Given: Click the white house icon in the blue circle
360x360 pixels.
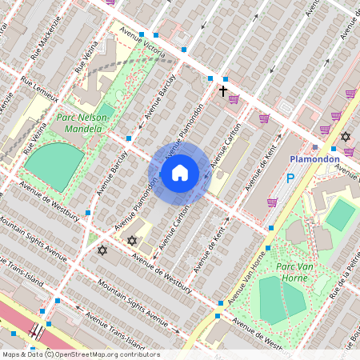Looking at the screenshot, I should (180, 172).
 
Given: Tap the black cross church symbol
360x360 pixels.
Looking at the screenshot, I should (223, 91).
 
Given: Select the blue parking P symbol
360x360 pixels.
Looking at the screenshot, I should (290, 179).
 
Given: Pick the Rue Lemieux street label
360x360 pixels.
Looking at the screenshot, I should (40, 88).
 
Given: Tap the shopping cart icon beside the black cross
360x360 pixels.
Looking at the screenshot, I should (234, 100).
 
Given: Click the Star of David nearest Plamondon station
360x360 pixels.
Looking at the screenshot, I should (346, 137).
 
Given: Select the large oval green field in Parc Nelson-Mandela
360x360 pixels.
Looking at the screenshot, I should (54, 166).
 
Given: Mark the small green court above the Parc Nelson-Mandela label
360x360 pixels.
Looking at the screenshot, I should (107, 98).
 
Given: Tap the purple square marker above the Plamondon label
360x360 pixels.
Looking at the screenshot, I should (315, 147).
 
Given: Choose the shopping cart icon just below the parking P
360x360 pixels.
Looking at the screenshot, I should (272, 202).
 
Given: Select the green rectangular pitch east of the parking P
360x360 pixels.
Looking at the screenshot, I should (341, 214).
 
